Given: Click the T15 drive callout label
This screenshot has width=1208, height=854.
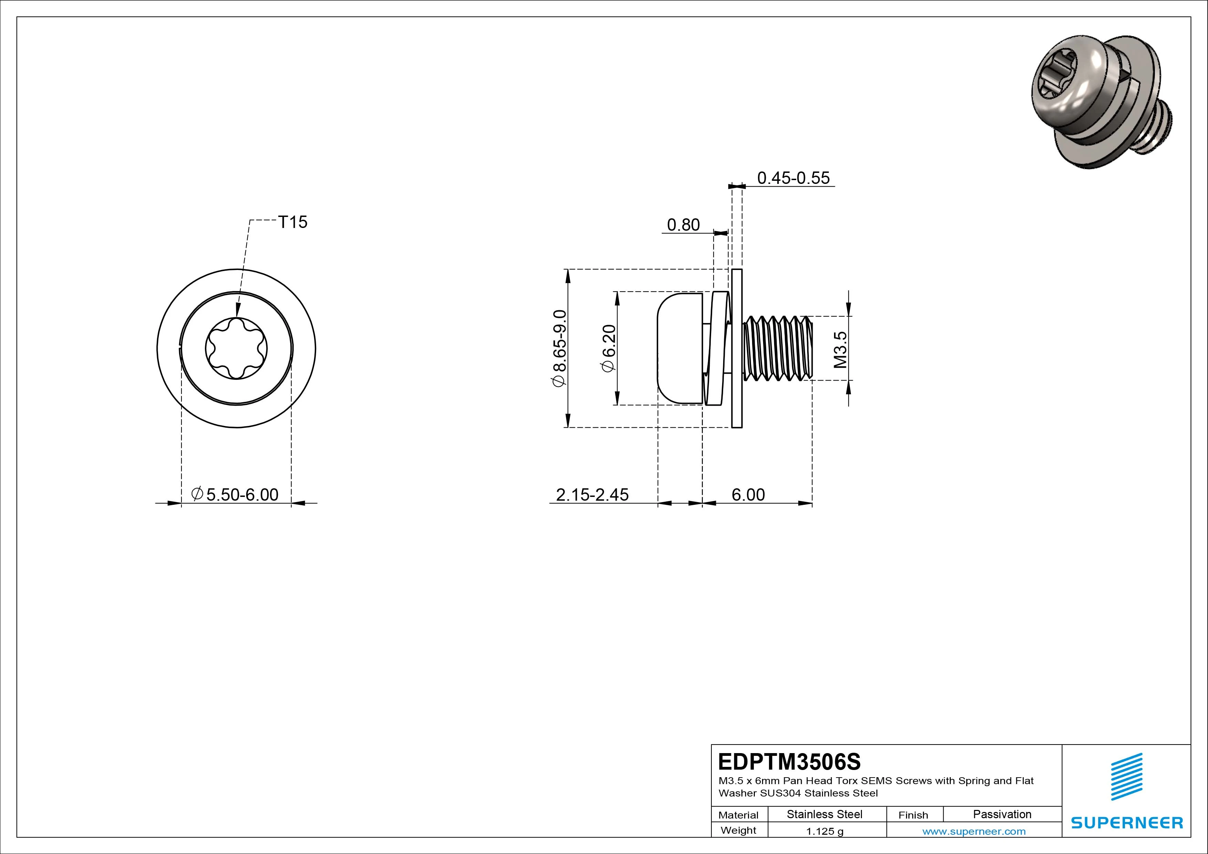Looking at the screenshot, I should (292, 222).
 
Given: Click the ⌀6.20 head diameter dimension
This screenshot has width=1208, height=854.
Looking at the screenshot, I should (608, 348).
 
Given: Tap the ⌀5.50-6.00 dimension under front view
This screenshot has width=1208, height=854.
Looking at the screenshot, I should (235, 494).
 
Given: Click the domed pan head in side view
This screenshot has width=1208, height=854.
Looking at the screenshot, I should (680, 348).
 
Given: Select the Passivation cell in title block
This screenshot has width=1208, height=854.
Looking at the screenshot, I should (1002, 814).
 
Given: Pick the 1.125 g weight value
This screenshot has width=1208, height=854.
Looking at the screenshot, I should (824, 831).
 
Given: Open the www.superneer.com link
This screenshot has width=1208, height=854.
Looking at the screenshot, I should (973, 831).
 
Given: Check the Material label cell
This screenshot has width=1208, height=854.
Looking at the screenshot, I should (738, 815).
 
